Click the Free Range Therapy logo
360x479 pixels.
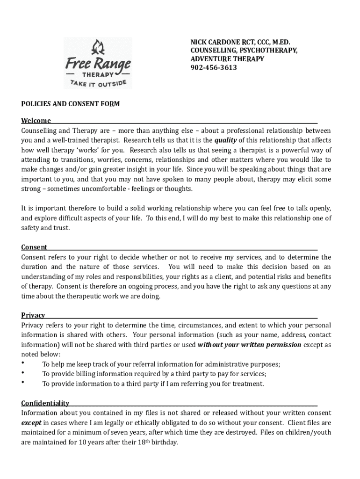pyautogui.click(x=98, y=63)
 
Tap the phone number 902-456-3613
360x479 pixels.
pyautogui.click(x=213, y=67)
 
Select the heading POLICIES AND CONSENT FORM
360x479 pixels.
pyautogui.click(x=70, y=104)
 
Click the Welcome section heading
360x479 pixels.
pyautogui.click(x=36, y=121)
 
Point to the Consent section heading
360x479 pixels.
pyautogui.click(x=34, y=247)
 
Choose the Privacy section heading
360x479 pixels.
pyautogui.click(x=33, y=315)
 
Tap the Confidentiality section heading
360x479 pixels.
pyautogui.click(x=45, y=403)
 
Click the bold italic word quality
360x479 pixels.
pyautogui.click(x=225, y=140)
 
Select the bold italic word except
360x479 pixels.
pyautogui.click(x=31, y=422)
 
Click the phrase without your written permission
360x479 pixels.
pyautogui.click(x=250, y=345)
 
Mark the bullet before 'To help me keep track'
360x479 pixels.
pyautogui.click(x=23, y=363)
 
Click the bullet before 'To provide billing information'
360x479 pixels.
pyautogui.click(x=23, y=373)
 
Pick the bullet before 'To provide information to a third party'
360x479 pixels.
pyautogui.click(x=23, y=383)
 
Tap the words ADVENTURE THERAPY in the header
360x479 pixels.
pyautogui.click(x=227, y=59)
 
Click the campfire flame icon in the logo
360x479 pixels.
pyautogui.click(x=98, y=47)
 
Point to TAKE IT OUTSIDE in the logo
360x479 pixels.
pyautogui.click(x=98, y=84)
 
